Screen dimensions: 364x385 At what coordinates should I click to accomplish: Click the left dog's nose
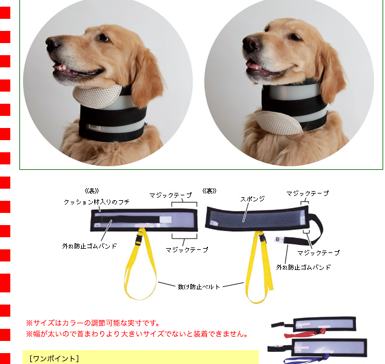point(53,42)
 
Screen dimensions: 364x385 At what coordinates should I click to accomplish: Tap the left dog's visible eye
point(104,37)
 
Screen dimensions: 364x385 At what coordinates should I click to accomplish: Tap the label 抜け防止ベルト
point(198,286)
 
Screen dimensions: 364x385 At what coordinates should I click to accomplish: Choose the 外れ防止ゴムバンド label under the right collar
point(303,267)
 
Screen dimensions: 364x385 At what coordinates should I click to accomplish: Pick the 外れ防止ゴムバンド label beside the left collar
point(89,246)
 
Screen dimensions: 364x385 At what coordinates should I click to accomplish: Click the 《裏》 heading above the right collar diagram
point(209,190)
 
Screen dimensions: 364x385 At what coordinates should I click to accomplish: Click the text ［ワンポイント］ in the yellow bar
point(54,358)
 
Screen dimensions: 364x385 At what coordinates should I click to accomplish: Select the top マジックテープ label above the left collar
point(171,195)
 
